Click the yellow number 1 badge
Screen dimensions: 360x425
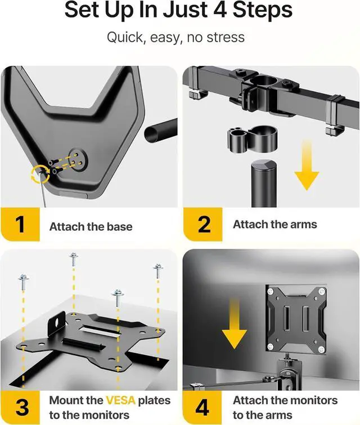pos(20,225)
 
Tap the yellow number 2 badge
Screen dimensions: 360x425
pos(203,225)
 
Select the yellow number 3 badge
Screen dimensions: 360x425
pos(20,408)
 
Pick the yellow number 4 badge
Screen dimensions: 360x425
pos(202,408)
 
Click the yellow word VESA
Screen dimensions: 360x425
pos(120,400)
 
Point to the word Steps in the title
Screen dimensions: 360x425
pos(263,10)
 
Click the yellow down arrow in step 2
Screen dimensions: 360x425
pos(307,165)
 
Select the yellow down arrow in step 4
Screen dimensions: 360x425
pos(235,323)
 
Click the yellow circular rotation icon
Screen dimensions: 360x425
pos(40,174)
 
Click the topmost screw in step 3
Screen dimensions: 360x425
pos(74,260)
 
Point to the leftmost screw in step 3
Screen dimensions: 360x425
pos(23,283)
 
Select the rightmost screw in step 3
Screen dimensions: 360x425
pos(158,271)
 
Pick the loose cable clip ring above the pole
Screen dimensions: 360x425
pos(253,139)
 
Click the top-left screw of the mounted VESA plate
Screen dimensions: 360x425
pos(270,292)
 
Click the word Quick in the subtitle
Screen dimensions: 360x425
pos(124,37)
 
